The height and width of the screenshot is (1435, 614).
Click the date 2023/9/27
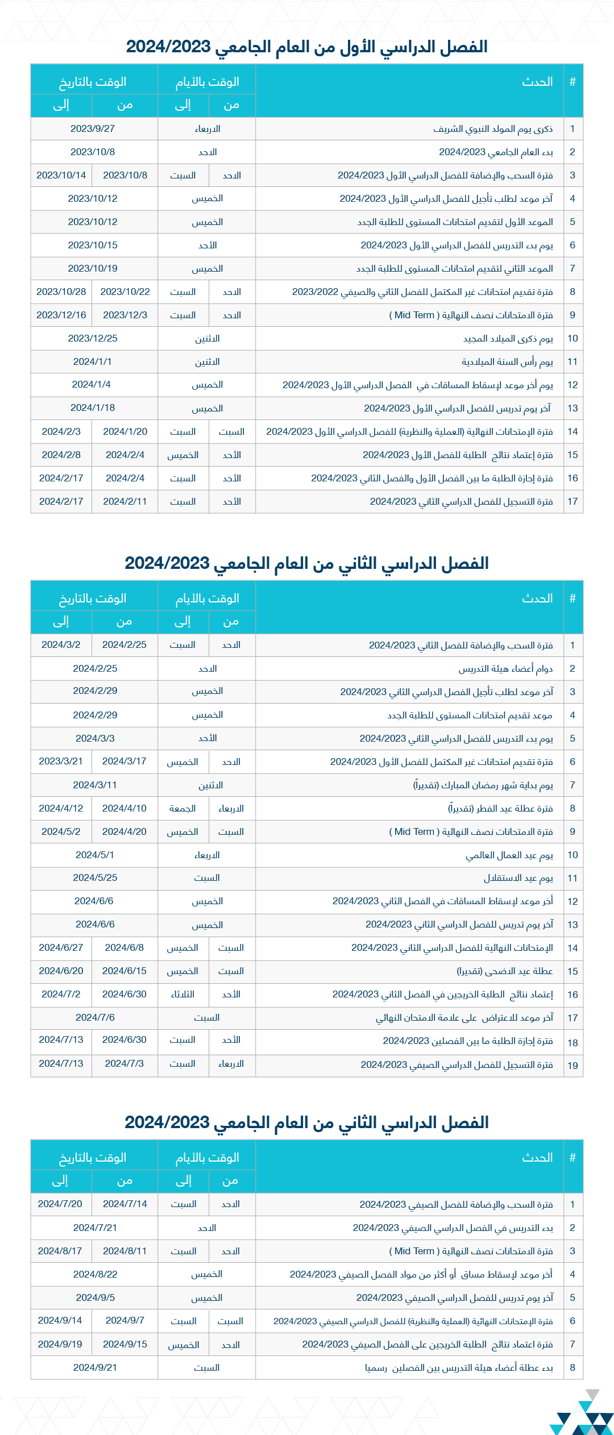(x=93, y=128)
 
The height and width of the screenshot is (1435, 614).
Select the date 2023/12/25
(x=93, y=338)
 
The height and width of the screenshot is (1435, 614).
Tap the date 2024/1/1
(x=93, y=361)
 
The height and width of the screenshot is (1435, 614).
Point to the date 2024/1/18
(x=93, y=407)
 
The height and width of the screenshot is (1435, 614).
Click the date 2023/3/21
(x=61, y=761)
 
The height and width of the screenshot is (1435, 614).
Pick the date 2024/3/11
(x=95, y=785)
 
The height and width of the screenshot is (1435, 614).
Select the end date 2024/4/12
(x=61, y=808)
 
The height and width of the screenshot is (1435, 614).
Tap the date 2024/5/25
(x=95, y=877)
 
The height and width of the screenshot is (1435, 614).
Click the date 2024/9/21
(x=95, y=1367)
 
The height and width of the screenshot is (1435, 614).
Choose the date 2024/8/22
(x=95, y=1274)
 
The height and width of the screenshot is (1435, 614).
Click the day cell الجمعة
(x=182, y=808)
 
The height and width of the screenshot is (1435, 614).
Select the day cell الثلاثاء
(x=182, y=994)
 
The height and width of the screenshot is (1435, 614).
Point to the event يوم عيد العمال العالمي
(x=509, y=855)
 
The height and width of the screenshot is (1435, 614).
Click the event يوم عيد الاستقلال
(x=518, y=878)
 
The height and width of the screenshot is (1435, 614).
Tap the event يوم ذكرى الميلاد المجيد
(x=508, y=339)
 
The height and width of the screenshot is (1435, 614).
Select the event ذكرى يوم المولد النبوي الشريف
(x=493, y=129)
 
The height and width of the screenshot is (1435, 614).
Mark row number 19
(x=572, y=1066)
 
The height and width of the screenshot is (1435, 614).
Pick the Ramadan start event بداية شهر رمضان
(x=483, y=785)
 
